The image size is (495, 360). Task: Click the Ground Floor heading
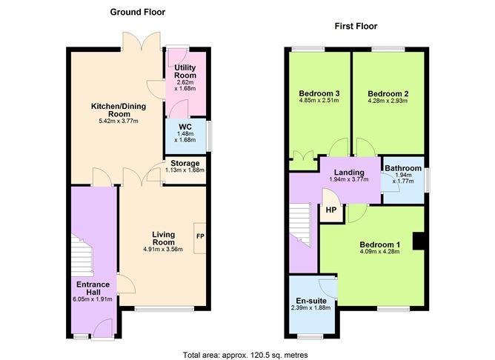[137, 12]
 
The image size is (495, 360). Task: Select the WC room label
[184, 127]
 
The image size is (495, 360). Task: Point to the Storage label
[185, 163]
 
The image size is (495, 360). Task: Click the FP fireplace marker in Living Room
[199, 236]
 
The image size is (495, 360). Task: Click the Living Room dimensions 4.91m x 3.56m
[163, 250]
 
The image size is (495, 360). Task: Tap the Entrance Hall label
[93, 289]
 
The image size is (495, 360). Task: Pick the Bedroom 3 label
[319, 93]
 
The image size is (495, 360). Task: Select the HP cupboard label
[330, 210]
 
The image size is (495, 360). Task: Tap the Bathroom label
[403, 168]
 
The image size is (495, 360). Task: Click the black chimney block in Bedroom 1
[419, 241]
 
